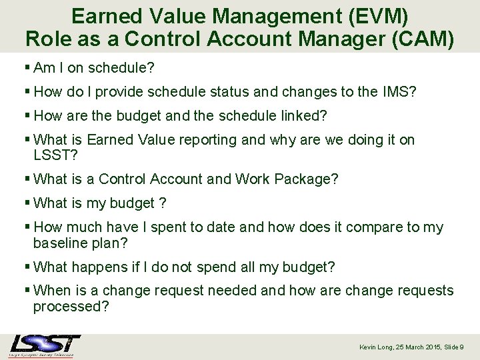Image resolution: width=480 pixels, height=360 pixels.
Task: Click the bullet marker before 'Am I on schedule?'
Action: (x=27, y=68)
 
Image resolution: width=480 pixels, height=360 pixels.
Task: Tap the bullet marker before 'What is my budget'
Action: (x=27, y=203)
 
